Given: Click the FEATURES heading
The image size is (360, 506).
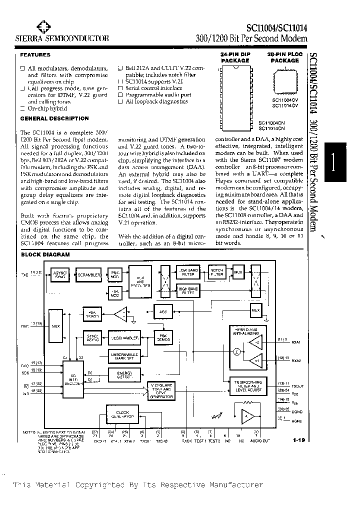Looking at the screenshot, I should (x=35, y=55).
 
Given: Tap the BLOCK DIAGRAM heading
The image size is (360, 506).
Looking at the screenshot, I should (x=45, y=254).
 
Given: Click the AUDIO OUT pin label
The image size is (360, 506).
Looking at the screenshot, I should (x=260, y=441).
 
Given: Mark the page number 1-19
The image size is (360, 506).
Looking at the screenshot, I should (x=300, y=440).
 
